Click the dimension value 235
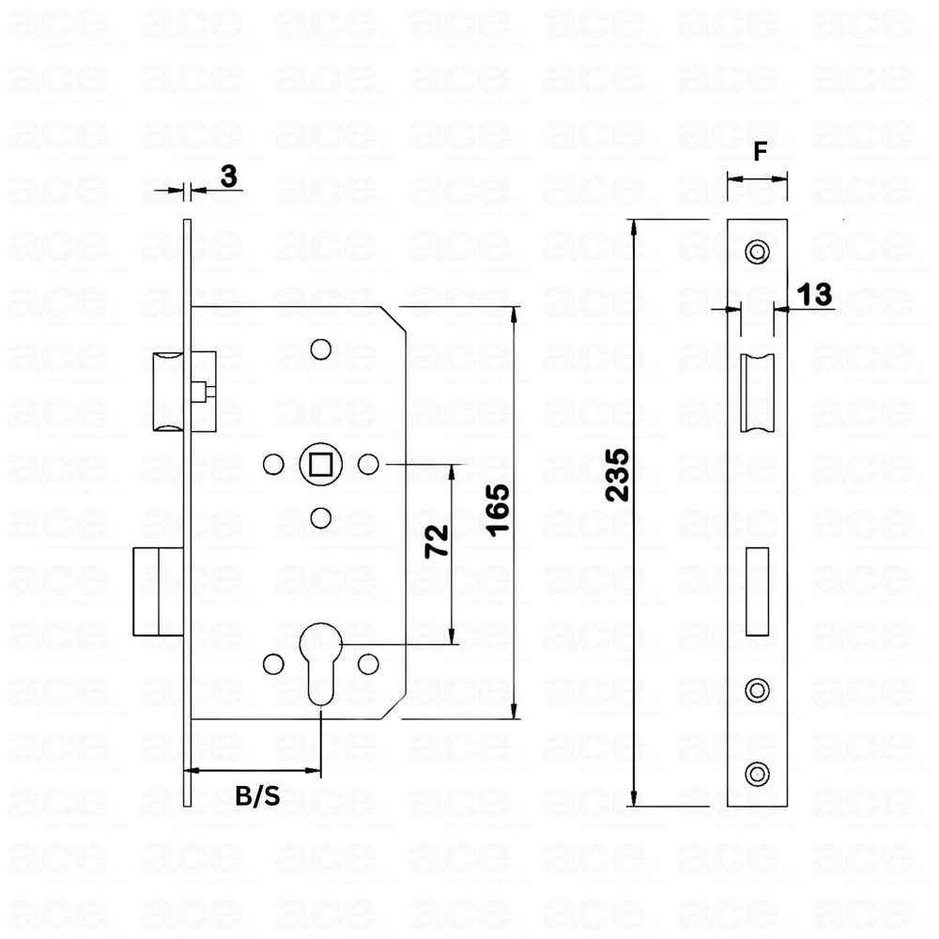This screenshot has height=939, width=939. (616, 475)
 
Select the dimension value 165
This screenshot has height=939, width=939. (499, 510)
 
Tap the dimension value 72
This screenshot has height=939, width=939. (437, 542)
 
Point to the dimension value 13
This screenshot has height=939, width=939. (815, 295)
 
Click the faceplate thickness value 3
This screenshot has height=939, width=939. (228, 175)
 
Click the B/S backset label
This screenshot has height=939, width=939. (256, 797)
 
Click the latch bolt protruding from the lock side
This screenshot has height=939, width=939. (171, 391)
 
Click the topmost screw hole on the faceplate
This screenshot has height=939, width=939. (756, 251)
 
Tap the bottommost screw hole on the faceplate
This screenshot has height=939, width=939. (756, 773)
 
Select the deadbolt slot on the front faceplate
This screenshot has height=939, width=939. (757, 592)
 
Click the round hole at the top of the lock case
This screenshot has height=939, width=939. (321, 347)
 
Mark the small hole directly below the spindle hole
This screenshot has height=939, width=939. (321, 516)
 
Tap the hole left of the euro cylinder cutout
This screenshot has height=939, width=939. (273, 664)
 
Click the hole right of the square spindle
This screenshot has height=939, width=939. (368, 463)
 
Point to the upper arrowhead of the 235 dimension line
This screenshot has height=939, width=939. (635, 225)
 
